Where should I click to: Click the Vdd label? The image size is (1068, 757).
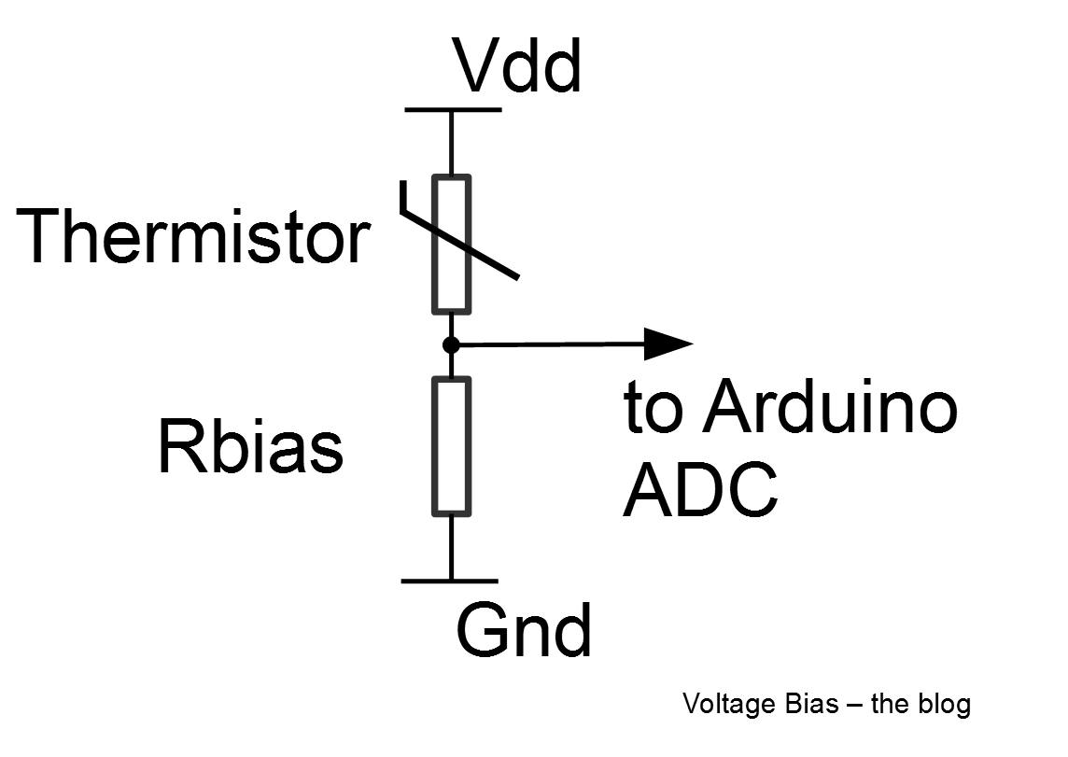click(518, 66)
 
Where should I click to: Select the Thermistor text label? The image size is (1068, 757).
click(193, 236)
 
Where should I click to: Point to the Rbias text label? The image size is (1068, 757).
click(250, 446)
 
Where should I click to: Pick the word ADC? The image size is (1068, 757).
click(699, 489)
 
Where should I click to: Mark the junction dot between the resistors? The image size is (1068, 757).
click(451, 344)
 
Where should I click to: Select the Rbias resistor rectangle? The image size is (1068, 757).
click(451, 445)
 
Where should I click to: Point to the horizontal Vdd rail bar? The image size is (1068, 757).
click(453, 109)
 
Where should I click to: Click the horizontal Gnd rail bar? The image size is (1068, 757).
click(450, 581)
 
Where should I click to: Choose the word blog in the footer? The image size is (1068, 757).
click(947, 704)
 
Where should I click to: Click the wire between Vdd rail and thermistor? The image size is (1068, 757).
click(451, 142)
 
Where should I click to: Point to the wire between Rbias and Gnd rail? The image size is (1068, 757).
click(451, 547)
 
